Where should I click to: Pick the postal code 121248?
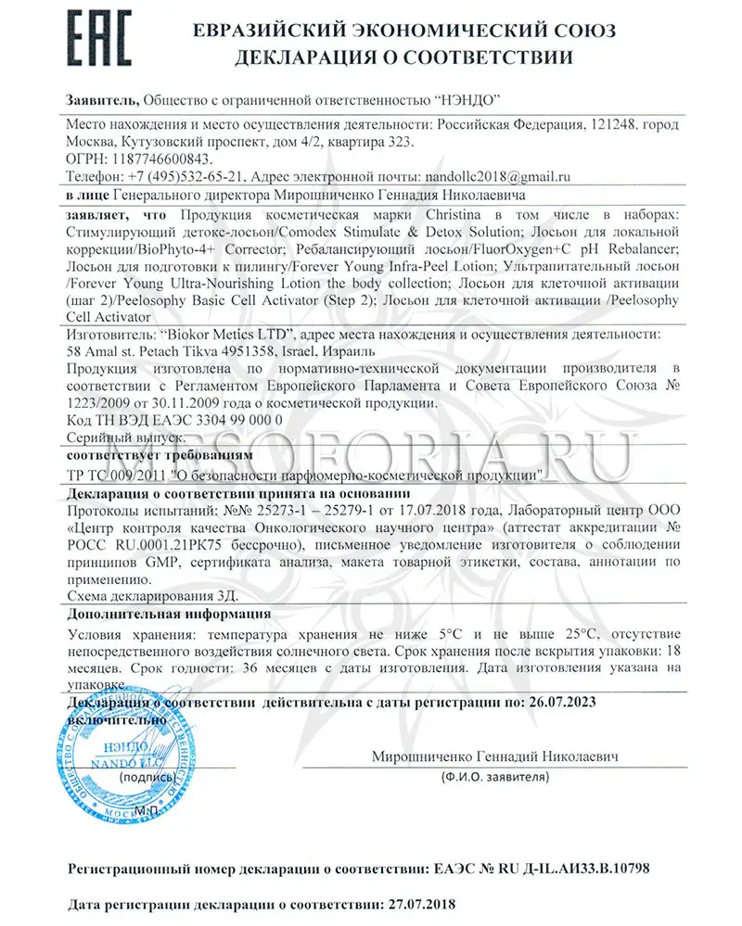pyautogui.click(x=606, y=124)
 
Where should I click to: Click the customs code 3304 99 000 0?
pyautogui.click(x=234, y=419)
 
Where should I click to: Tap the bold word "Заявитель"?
pyautogui.click(x=102, y=99)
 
